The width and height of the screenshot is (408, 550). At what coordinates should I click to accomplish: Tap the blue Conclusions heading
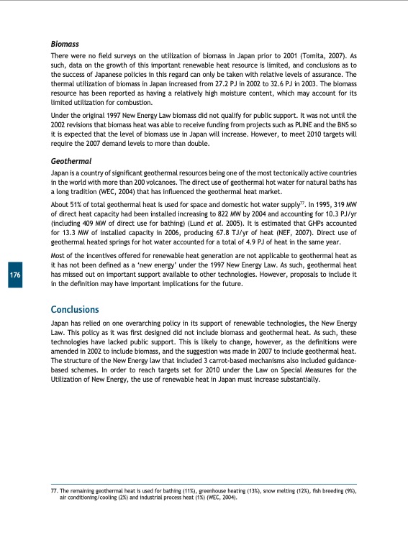click(75, 309)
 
